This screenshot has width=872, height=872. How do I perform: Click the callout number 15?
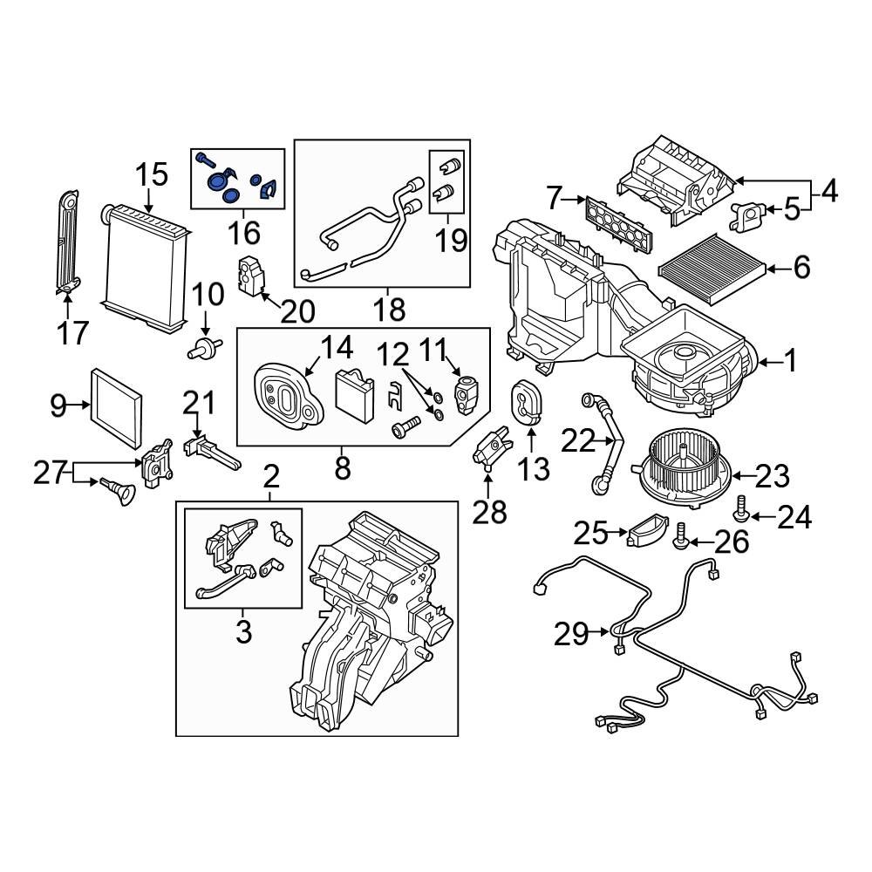click(x=151, y=175)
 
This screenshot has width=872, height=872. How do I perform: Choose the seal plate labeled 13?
click(x=526, y=403)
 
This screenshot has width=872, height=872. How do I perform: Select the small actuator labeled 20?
click(x=251, y=276)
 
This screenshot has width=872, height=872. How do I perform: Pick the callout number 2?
click(x=271, y=477)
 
